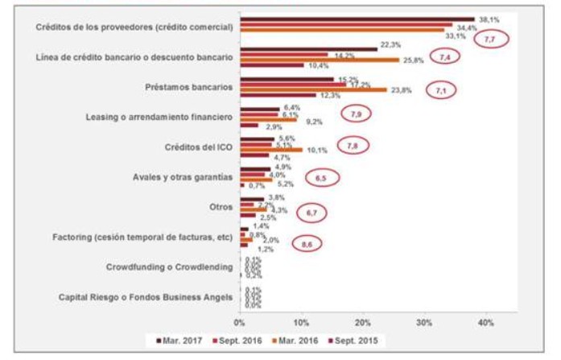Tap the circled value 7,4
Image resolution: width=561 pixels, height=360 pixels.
(444, 56)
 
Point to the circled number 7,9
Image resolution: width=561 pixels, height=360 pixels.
(357, 114)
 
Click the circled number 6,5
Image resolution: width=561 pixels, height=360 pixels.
(321, 176)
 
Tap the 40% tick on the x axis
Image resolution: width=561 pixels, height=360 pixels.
(485, 322)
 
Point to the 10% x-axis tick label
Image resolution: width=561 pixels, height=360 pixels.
(301, 322)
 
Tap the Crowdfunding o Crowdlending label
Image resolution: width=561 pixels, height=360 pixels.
(169, 267)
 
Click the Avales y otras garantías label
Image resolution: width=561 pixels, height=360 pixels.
(182, 176)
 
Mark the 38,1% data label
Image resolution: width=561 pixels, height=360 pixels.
(489, 19)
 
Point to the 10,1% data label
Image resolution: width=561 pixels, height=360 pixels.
(316, 150)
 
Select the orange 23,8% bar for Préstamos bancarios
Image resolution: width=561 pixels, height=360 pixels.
(314, 89)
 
